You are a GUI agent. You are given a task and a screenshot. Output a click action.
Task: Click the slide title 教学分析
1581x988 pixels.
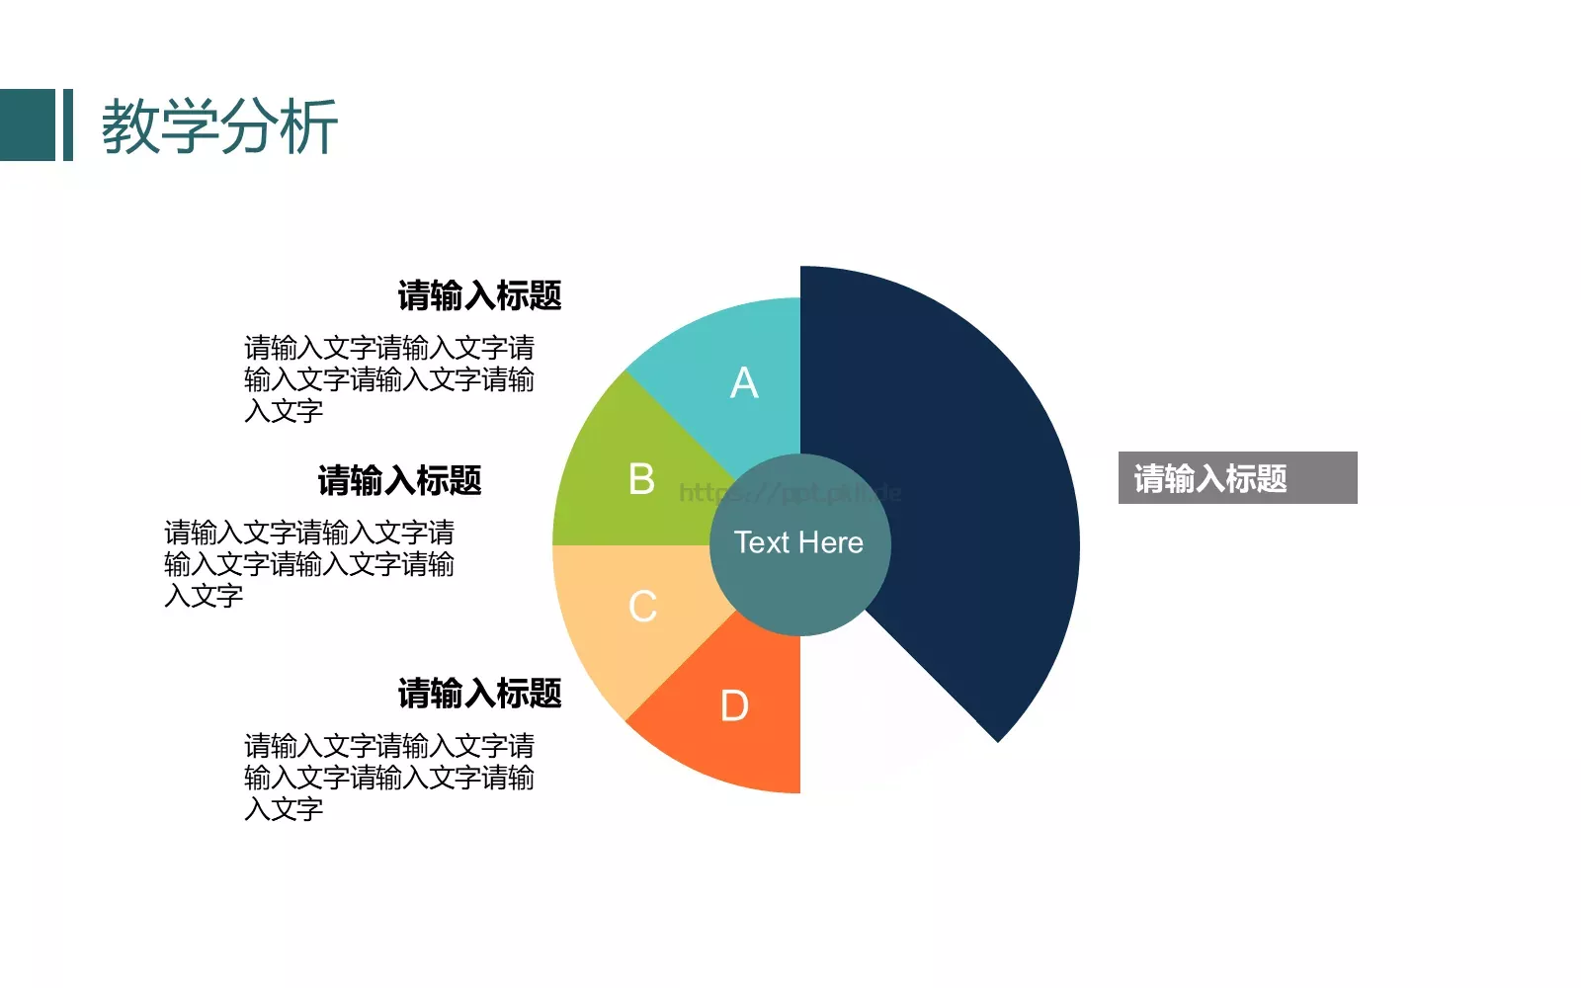[x=219, y=126]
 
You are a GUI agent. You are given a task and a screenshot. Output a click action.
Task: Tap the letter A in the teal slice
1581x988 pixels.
[x=744, y=383]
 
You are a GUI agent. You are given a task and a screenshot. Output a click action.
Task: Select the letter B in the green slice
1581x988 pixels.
[x=641, y=480]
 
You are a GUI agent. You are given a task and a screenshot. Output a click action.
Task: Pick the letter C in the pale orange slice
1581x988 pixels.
[x=642, y=607]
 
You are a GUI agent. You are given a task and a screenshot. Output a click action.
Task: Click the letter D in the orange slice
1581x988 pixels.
[x=734, y=706]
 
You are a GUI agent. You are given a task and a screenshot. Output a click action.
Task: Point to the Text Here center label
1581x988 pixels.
[x=798, y=542]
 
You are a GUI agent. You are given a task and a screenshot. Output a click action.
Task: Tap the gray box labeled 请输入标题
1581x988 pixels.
[x=1237, y=478]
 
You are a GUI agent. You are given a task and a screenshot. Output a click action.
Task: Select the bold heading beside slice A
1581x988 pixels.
[x=479, y=295]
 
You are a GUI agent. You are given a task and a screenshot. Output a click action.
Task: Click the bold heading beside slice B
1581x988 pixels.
[x=399, y=481]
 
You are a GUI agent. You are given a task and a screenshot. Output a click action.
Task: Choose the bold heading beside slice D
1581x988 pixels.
[x=479, y=694]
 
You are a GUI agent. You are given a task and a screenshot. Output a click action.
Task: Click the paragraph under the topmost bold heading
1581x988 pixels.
[x=388, y=379]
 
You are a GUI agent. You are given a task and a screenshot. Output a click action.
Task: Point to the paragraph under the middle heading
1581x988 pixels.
[x=308, y=564]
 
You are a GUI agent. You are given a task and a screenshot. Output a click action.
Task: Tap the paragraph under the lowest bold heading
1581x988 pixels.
[x=388, y=778]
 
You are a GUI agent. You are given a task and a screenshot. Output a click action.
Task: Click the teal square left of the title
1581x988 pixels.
[x=28, y=124]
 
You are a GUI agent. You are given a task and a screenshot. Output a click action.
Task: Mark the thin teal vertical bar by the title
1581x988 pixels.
[x=68, y=124]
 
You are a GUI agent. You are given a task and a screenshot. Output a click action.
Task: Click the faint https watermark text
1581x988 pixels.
[x=790, y=492]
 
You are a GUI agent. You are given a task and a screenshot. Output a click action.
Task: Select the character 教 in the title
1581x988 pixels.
[x=131, y=126]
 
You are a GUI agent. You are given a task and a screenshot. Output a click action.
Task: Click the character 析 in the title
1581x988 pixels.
[x=308, y=126]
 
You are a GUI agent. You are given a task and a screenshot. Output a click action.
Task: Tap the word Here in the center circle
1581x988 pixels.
[x=831, y=542]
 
